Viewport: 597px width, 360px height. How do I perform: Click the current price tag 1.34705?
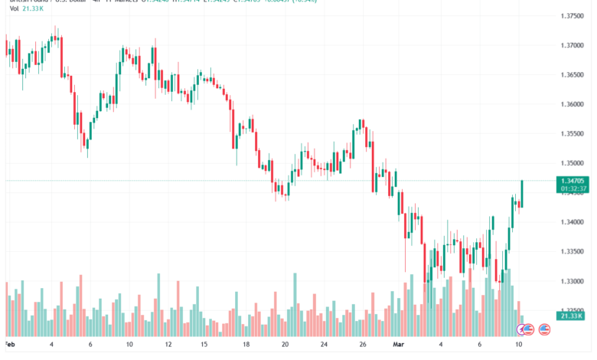[x=573, y=181]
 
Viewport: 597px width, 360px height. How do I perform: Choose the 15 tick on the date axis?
[x=204, y=345]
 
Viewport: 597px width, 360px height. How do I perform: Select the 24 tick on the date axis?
[x=325, y=345]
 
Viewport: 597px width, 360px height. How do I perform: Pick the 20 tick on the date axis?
[x=285, y=345]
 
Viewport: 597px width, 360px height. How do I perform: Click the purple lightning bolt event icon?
[x=525, y=329]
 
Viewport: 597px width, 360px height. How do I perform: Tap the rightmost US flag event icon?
[x=545, y=329]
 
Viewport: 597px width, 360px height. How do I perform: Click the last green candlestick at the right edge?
[x=522, y=193]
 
